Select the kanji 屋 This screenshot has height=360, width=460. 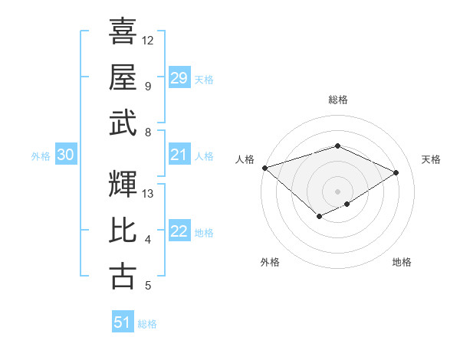(123, 77)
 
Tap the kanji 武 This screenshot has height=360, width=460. (123, 123)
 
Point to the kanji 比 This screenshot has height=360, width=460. (123, 231)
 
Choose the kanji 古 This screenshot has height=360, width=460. (123, 276)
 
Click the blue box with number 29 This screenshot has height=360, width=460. (179, 78)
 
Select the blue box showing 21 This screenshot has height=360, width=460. (179, 155)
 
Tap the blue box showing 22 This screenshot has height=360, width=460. (179, 232)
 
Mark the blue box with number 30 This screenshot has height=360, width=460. (65, 155)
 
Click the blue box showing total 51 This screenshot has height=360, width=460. (122, 322)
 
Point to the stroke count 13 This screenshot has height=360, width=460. (147, 193)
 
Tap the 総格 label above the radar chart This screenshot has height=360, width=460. (337, 100)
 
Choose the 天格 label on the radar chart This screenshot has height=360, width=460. (431, 159)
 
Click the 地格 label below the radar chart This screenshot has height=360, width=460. (402, 263)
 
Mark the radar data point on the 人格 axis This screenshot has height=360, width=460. (264, 168)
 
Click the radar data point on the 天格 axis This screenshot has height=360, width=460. (396, 172)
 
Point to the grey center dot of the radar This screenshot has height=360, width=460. (337, 191)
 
